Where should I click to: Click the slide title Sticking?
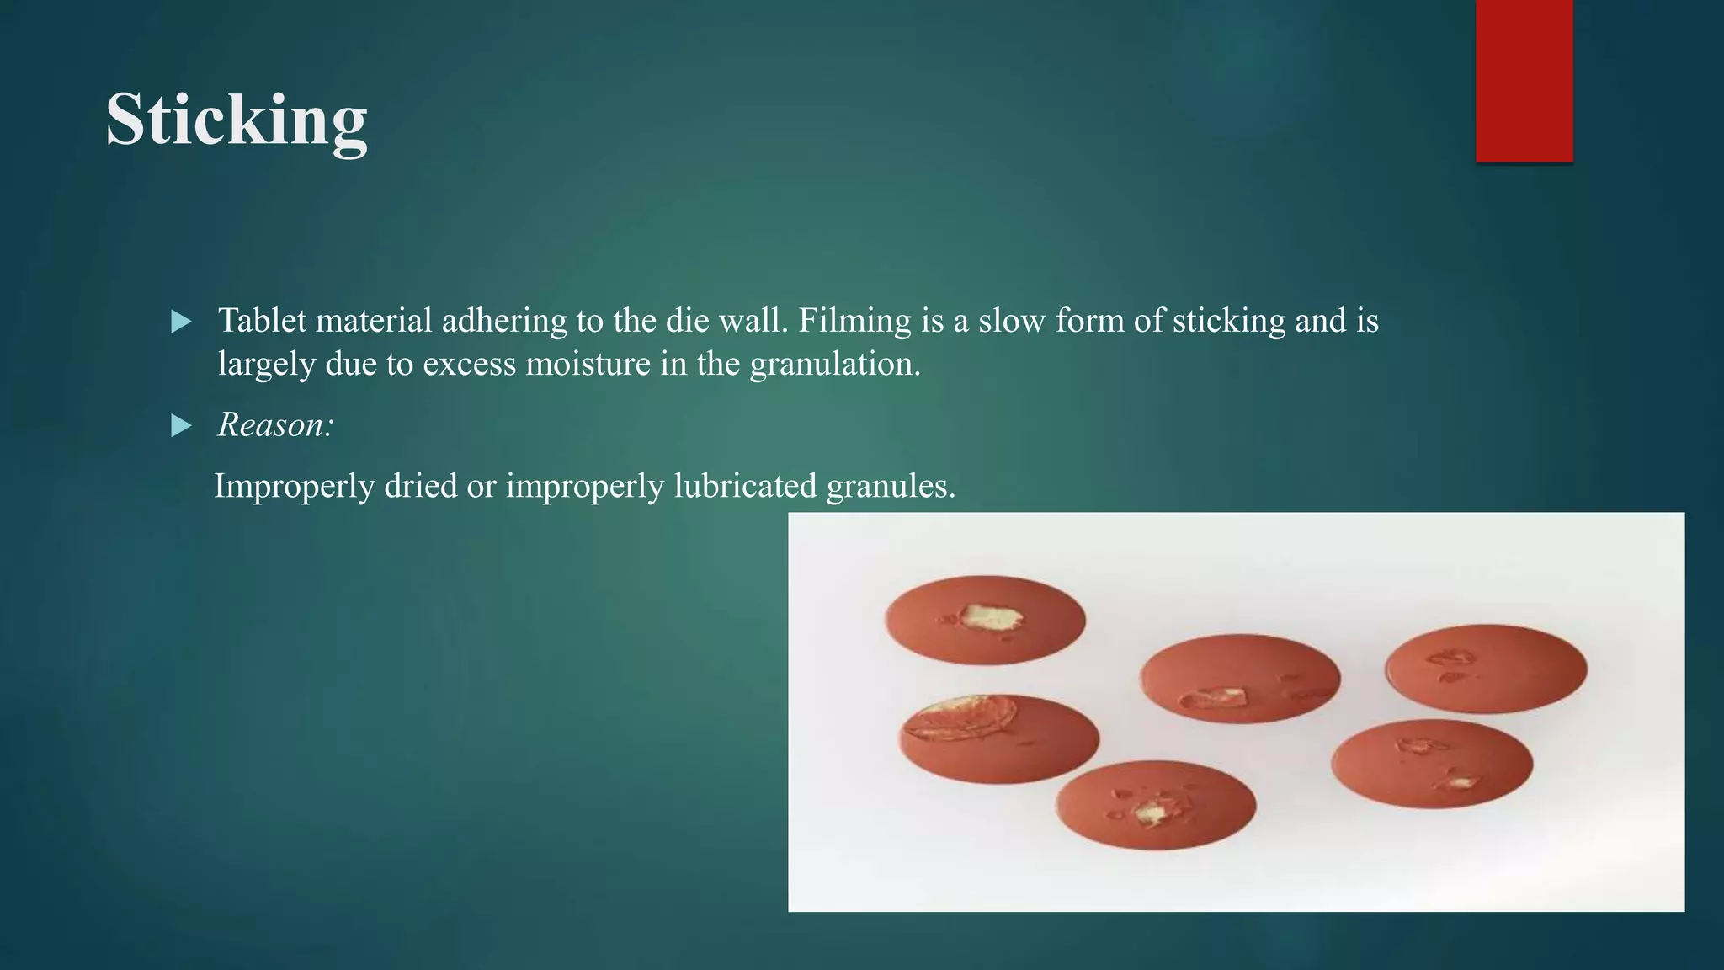237,120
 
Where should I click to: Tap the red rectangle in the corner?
1524,80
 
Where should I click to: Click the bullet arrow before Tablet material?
181,322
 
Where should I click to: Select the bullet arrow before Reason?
181,425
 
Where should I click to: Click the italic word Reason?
275,424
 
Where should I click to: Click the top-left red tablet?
985,621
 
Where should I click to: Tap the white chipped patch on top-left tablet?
992,618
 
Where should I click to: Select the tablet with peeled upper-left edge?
999,738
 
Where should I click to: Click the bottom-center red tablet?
1156,804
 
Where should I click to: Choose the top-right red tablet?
1486,669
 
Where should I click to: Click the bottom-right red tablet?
1431,763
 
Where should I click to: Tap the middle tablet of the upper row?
1239,678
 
